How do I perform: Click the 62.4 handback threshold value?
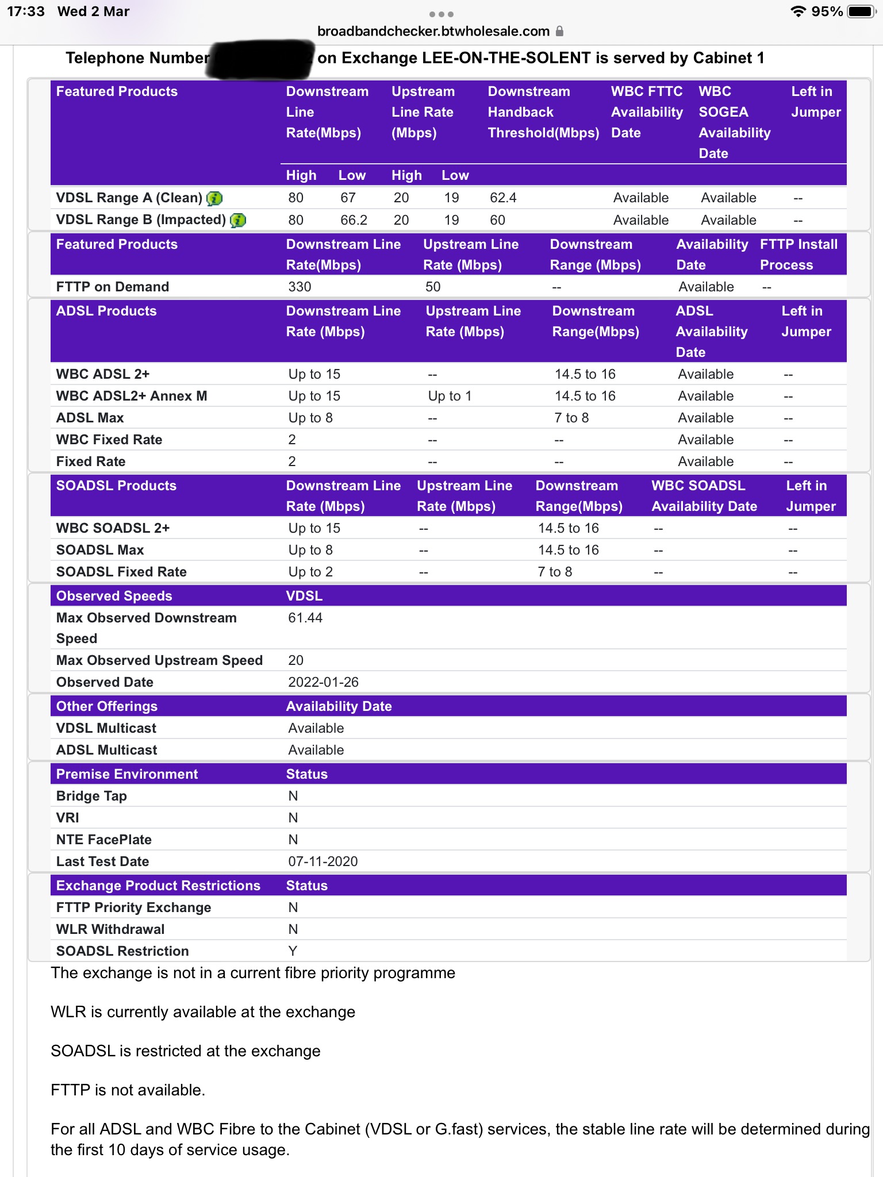click(503, 198)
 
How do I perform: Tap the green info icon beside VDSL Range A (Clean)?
click(214, 198)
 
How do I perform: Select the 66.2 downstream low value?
click(354, 220)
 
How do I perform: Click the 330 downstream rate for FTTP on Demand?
click(300, 287)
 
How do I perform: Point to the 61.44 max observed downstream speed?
click(305, 618)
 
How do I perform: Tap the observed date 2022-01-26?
click(323, 682)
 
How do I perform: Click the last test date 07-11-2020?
click(323, 861)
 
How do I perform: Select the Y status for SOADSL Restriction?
click(293, 951)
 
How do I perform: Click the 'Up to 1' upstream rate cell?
click(450, 396)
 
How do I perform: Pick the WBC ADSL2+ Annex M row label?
click(132, 396)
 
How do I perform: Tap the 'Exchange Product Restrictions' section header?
click(158, 886)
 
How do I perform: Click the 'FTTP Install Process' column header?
click(798, 255)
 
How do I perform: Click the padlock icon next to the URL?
click(559, 31)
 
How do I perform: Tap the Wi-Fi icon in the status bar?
click(798, 11)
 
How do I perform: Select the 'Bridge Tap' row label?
click(91, 796)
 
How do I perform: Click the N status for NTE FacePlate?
click(293, 840)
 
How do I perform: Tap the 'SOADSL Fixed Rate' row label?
click(121, 572)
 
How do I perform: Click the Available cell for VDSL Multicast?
click(316, 728)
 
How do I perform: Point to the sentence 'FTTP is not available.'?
click(128, 1090)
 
